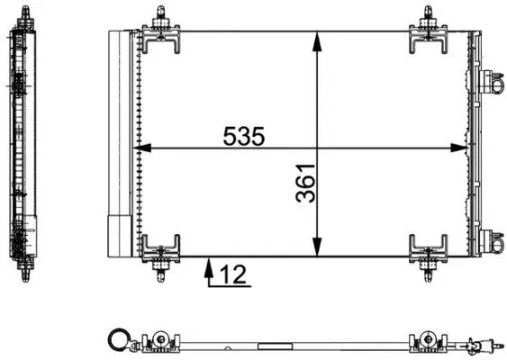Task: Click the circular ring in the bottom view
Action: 117,339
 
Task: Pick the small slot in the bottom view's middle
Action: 269,345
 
